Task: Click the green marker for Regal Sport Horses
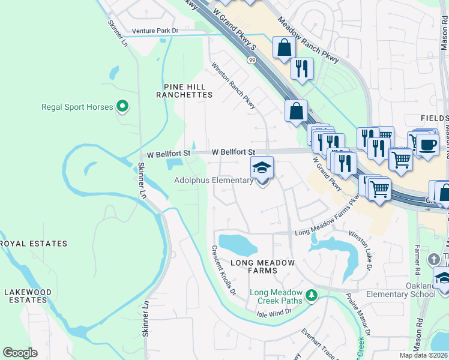point(122,107)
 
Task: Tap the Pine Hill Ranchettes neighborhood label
point(184,91)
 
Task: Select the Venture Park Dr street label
point(155,30)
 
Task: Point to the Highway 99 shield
point(252,59)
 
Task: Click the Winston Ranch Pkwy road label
point(234,86)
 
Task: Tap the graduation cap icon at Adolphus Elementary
point(262,168)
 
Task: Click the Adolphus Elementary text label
point(213,181)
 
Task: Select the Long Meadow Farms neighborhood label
point(263,267)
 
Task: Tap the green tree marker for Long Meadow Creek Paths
point(311,295)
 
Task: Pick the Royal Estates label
point(34,244)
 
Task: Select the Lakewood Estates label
point(28,296)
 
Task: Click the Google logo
point(20,353)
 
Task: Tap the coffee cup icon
point(427,145)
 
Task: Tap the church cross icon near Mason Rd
point(435,259)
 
